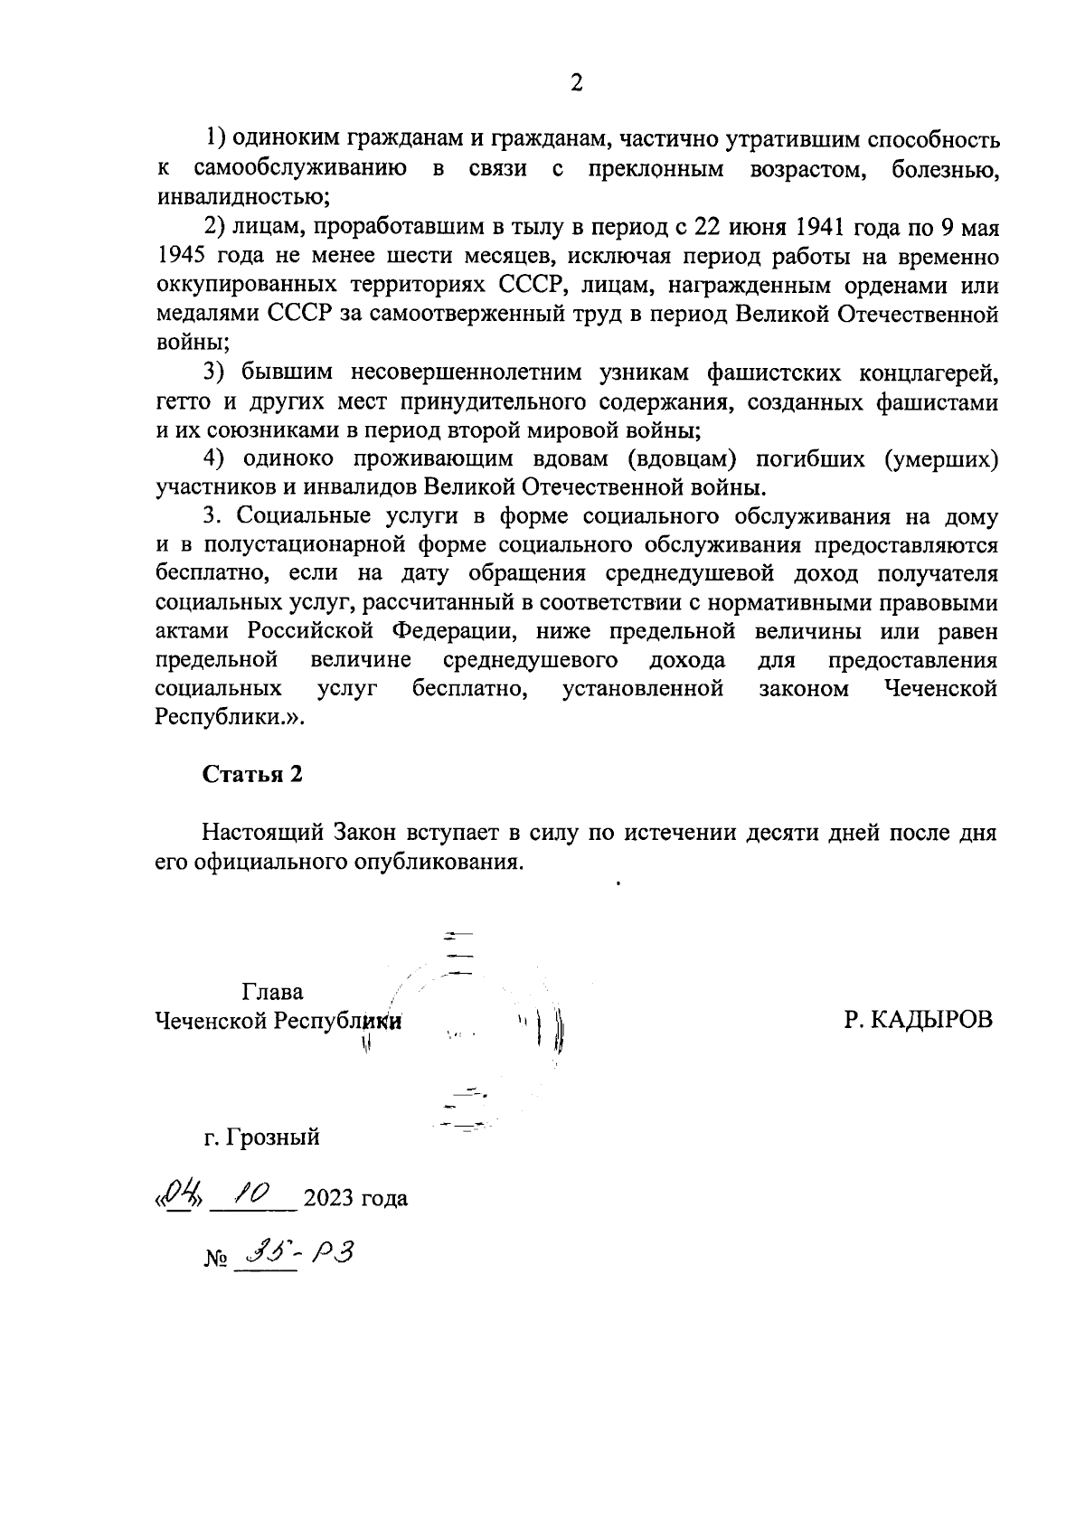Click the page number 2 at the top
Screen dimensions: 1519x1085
pyautogui.click(x=576, y=83)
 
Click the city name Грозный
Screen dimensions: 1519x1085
pyautogui.click(x=274, y=1137)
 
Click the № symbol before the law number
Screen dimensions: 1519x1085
pyautogui.click(x=213, y=1259)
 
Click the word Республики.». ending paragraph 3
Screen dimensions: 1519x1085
pyautogui.click(x=231, y=718)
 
